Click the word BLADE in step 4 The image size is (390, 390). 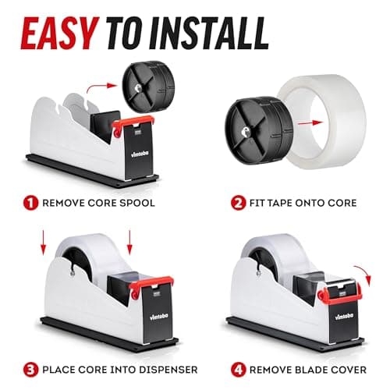pos(307,369)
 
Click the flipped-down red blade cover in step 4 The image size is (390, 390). pos(335,295)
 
